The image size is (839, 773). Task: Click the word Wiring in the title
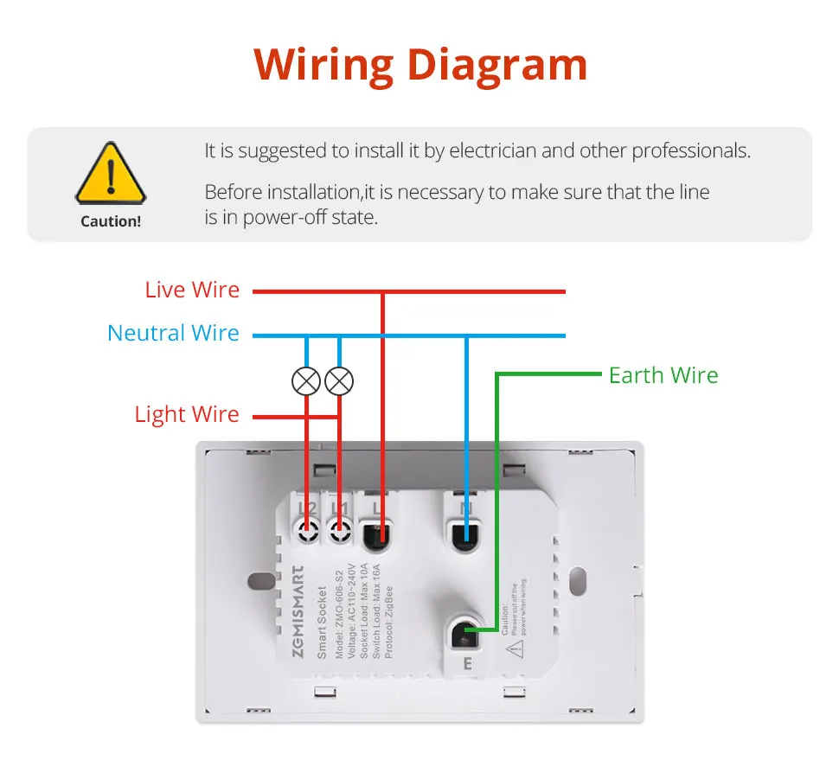[x=323, y=66]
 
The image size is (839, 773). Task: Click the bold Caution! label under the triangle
[x=110, y=221]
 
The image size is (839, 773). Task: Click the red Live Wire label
[x=192, y=291]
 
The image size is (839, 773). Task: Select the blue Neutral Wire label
[x=173, y=334]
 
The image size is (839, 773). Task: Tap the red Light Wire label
[x=187, y=414]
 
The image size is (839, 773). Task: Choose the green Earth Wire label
[x=663, y=375]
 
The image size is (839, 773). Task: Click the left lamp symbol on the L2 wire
[x=306, y=380]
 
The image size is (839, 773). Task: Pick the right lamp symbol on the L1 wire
[x=340, y=380]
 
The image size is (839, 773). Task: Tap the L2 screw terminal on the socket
[x=306, y=529]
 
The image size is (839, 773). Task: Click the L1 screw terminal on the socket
[x=340, y=529]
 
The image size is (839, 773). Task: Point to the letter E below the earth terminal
[x=467, y=664]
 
